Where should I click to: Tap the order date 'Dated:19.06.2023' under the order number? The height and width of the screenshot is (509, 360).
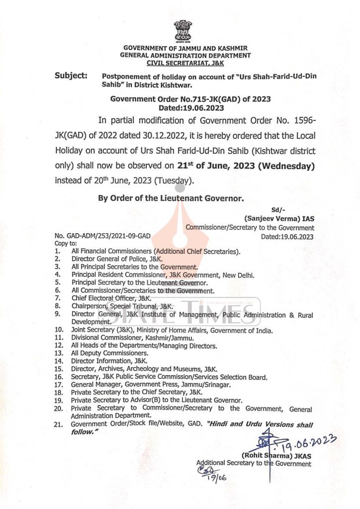click(x=191, y=107)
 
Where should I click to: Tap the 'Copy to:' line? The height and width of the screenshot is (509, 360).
click(x=66, y=244)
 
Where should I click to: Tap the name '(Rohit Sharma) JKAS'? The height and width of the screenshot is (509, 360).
click(x=276, y=455)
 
